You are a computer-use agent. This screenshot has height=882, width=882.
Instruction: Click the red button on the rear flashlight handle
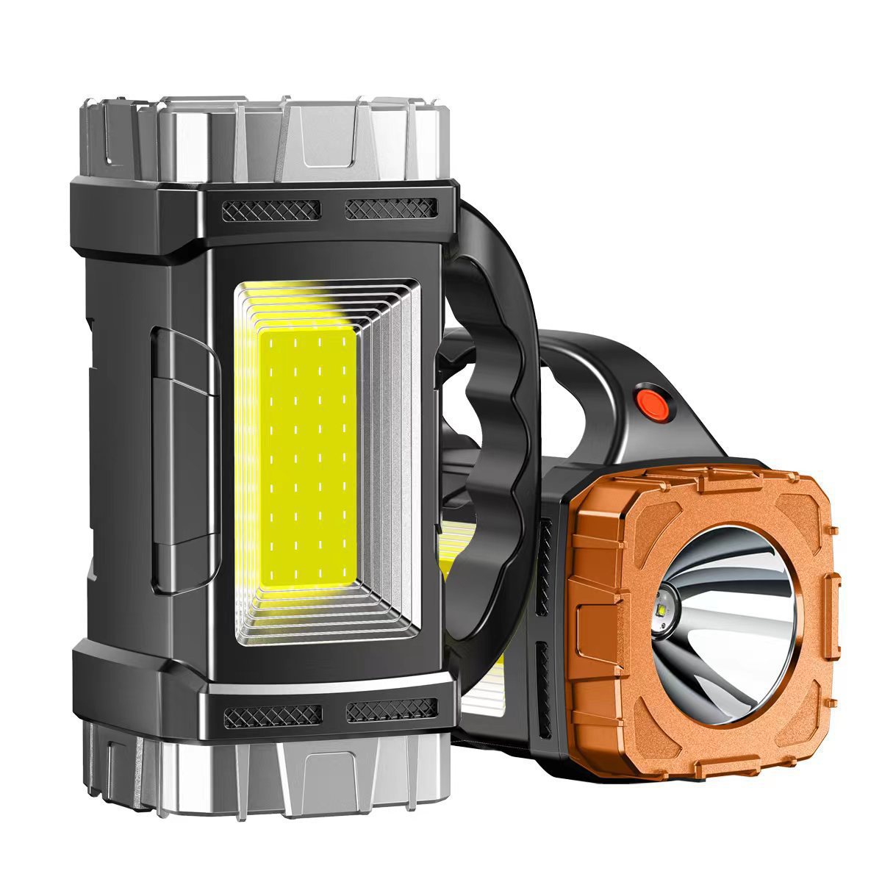[x=649, y=401]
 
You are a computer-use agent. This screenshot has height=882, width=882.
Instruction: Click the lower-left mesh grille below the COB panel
[x=272, y=714]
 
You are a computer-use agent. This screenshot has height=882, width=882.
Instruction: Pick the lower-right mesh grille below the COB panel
[x=392, y=710]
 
